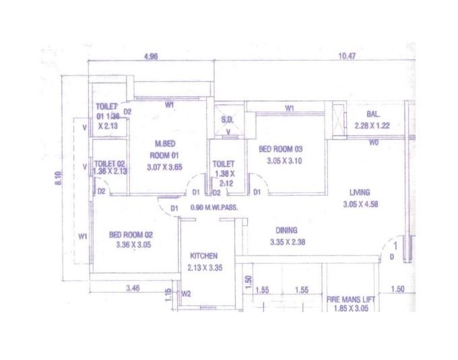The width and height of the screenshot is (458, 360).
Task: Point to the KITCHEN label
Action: pyautogui.click(x=203, y=256)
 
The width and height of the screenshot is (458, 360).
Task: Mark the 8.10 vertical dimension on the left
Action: pyautogui.click(x=59, y=179)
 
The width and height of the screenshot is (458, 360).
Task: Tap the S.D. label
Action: pyautogui.click(x=227, y=120)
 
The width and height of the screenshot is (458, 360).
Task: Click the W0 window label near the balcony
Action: pyautogui.click(x=373, y=143)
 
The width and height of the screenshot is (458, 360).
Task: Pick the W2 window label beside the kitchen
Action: pyautogui.click(x=187, y=293)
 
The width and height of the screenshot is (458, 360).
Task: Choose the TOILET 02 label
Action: pyautogui.click(x=110, y=164)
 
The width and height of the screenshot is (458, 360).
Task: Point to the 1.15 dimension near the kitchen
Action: pyautogui.click(x=168, y=293)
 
